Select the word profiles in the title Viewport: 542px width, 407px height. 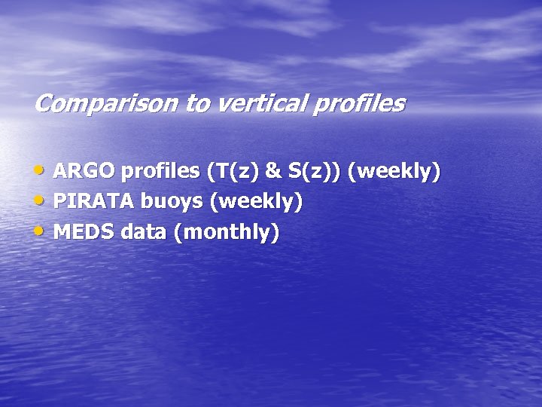click(x=360, y=103)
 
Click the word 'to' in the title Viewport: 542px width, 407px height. click(x=197, y=103)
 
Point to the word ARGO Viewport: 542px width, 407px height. click(x=84, y=172)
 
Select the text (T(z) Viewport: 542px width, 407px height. click(x=232, y=172)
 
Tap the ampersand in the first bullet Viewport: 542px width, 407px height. click(x=274, y=172)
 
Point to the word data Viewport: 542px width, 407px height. click(x=144, y=232)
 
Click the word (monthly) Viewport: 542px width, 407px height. click(x=227, y=232)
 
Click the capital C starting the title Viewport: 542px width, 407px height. click(x=42, y=103)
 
